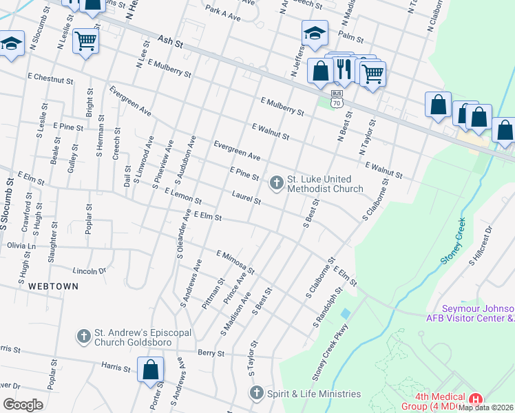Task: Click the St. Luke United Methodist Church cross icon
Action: point(276,182)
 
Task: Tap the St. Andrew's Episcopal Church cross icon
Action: point(84,336)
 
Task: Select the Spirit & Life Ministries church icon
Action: point(256,393)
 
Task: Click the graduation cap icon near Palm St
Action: point(314,32)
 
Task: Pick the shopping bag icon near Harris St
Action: point(150,370)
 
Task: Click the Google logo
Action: point(23,405)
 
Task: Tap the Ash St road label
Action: point(169,43)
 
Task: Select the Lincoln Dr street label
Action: point(91,271)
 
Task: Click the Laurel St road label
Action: point(246,200)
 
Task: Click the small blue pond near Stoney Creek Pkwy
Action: point(345,314)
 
